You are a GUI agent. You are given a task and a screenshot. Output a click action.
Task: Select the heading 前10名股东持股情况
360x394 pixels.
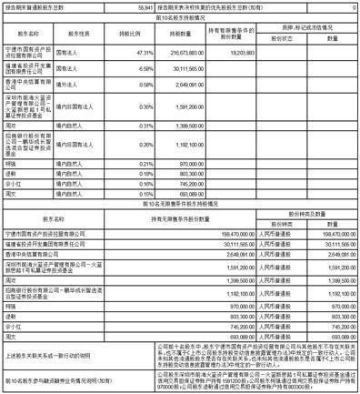pyautogui.click(x=180, y=17)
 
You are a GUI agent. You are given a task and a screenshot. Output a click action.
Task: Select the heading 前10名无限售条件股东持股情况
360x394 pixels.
pyautogui.click(x=180, y=203)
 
